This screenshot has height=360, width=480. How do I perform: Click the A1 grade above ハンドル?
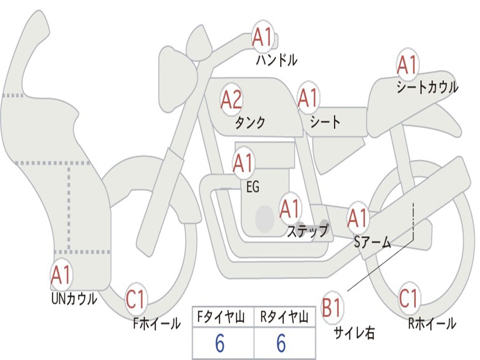tap(262, 37)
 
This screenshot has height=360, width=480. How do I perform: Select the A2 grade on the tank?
tap(231, 99)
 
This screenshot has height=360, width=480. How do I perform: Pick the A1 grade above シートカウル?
tap(407, 65)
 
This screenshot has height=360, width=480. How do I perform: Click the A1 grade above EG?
tap(243, 163)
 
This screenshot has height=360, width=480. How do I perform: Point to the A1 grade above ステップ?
tap(290, 209)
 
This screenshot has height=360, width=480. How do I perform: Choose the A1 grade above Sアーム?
tap(357, 218)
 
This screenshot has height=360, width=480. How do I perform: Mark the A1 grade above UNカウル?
tap(61, 275)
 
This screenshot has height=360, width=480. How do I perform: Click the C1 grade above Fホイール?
tap(135, 299)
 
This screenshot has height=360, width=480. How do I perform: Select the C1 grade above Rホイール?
tap(409, 299)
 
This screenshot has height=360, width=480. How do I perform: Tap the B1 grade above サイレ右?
tap(332, 307)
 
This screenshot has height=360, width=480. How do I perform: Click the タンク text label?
tap(250, 122)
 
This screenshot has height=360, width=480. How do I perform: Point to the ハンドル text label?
tap(277, 60)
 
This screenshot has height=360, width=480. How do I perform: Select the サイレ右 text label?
tap(354, 333)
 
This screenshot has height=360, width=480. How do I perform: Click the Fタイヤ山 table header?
tap(221, 317)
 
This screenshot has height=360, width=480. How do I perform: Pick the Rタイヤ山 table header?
tap(284, 317)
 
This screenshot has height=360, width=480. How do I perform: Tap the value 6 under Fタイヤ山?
tap(220, 343)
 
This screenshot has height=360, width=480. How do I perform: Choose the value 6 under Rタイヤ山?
tap(281, 343)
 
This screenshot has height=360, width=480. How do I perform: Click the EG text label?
tap(253, 187)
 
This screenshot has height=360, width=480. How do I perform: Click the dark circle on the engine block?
tap(265, 218)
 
